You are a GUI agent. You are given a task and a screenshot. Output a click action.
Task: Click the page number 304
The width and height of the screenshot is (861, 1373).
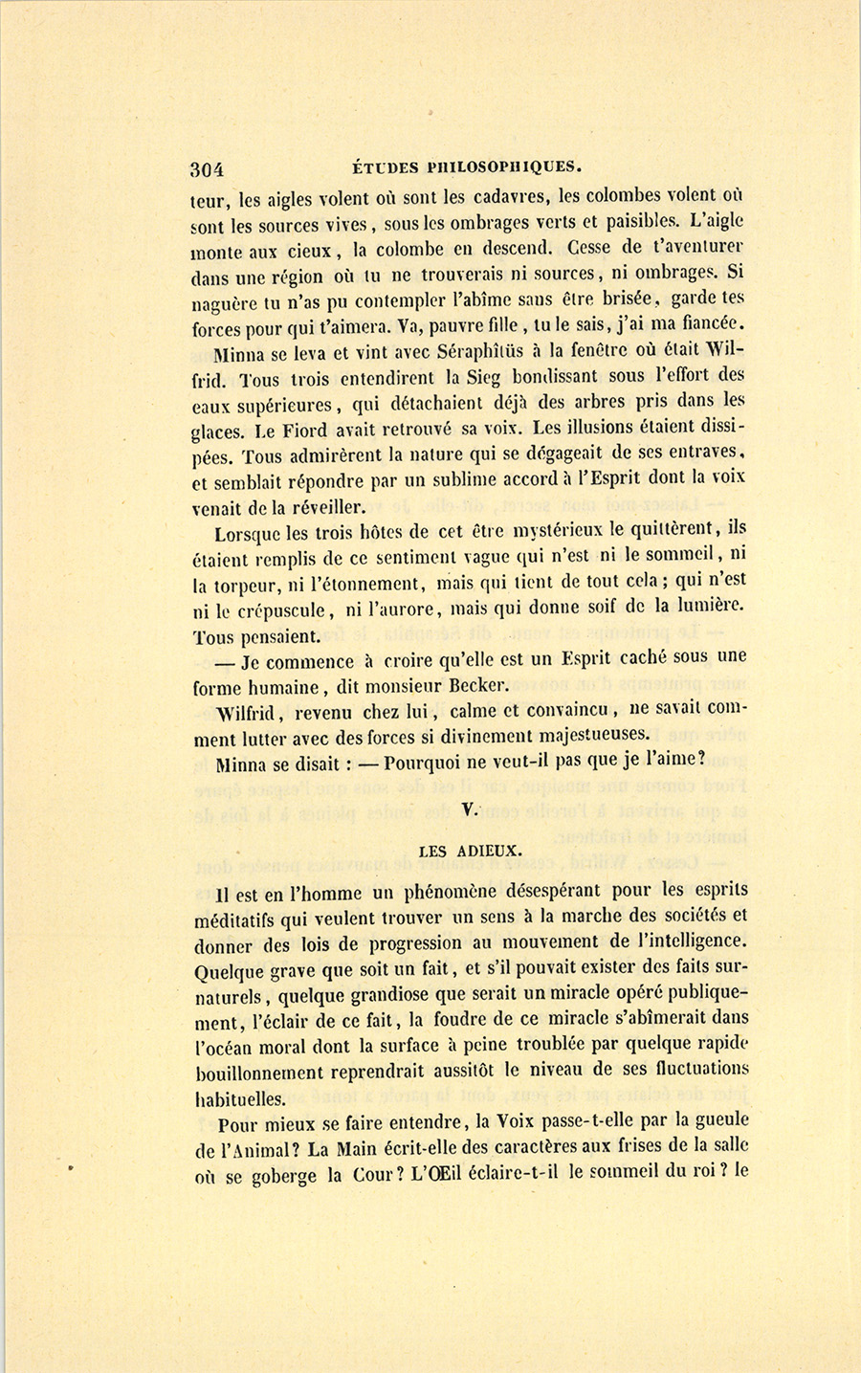(207, 170)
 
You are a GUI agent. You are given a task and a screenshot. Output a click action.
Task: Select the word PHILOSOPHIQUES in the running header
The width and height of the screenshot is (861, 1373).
(502, 166)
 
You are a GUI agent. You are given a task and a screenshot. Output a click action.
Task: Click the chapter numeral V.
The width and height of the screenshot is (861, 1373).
(468, 809)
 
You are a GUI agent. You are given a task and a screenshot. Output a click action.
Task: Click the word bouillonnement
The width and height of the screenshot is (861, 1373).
(270, 1072)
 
